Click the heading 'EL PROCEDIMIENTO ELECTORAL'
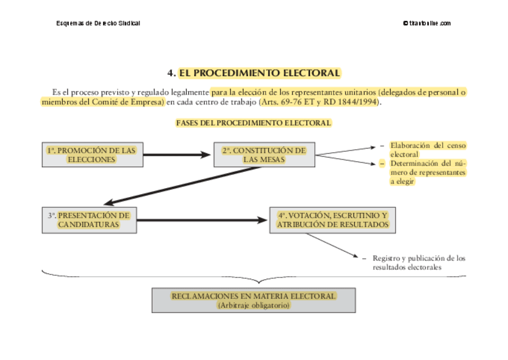(x=259, y=73)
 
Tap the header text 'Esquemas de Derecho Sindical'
(x=98, y=23)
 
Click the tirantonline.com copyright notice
(x=427, y=23)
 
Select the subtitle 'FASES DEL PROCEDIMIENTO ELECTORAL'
(x=253, y=123)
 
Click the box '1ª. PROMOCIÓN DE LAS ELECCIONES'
(x=92, y=155)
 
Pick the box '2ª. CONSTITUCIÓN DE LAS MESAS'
(x=264, y=155)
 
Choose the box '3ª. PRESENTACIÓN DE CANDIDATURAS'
(x=89, y=220)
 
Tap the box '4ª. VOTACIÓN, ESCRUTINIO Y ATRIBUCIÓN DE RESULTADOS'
(x=332, y=220)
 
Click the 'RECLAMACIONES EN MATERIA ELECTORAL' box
(x=253, y=300)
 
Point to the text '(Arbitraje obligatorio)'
(x=254, y=305)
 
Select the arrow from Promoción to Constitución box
(x=177, y=155)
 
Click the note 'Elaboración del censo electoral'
(x=428, y=150)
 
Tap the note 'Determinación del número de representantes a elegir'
(x=428, y=172)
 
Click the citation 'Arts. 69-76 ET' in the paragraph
(x=288, y=102)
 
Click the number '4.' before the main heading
(x=171, y=73)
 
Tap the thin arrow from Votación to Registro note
(x=332, y=246)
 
